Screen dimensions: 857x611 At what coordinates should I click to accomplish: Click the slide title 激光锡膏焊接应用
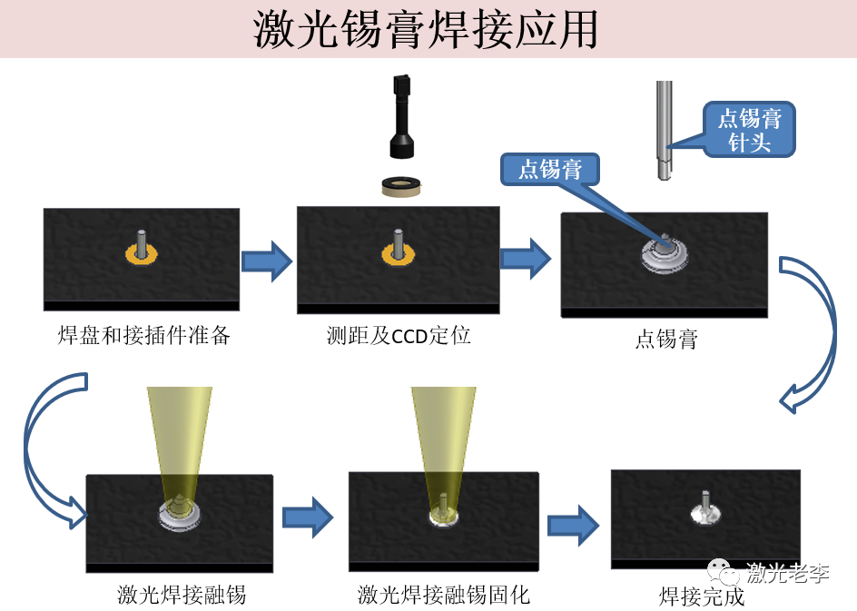tap(425, 30)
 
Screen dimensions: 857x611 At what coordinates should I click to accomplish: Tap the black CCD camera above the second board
tap(401, 116)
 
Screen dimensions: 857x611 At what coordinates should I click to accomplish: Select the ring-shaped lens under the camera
tap(401, 187)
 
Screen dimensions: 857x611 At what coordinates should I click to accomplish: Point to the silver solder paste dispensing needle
tap(664, 130)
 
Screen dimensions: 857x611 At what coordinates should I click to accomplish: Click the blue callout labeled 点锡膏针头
tap(748, 130)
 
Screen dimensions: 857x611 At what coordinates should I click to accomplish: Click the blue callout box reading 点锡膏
tap(550, 169)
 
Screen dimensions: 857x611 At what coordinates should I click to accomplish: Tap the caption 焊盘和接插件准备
tap(143, 335)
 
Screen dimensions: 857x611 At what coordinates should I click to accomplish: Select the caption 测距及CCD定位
tap(399, 336)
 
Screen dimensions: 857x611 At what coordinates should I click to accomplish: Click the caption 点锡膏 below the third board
tap(666, 340)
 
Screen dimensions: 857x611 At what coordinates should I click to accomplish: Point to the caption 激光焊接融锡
tap(182, 595)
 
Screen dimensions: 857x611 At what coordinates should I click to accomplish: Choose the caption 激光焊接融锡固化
tap(444, 595)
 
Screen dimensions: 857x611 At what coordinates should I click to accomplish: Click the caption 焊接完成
tap(702, 596)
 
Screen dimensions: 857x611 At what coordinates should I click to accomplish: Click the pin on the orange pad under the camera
tap(398, 242)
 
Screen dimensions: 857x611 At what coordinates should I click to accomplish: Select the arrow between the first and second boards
tap(267, 261)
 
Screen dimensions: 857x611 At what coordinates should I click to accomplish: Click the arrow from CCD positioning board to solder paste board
tap(526, 259)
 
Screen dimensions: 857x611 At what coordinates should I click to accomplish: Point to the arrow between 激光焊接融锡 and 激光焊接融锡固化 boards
tap(308, 517)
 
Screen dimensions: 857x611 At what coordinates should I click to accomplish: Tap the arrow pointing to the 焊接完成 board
tap(574, 525)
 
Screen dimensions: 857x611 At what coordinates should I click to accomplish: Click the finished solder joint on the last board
tap(705, 509)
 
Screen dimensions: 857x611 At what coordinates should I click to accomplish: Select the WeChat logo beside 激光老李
tap(723, 572)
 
